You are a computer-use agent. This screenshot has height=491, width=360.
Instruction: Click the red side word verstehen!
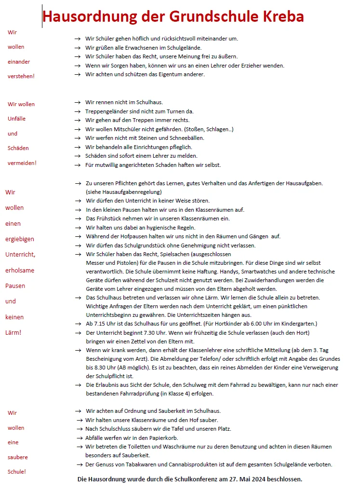click(x=21, y=76)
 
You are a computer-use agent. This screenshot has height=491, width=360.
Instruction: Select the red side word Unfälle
click(x=17, y=119)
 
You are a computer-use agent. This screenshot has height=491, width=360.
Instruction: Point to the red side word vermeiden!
click(x=22, y=163)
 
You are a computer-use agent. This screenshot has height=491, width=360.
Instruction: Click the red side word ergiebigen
click(x=20, y=239)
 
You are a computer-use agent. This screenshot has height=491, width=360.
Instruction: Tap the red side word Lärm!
click(x=13, y=332)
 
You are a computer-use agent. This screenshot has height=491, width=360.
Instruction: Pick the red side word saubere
click(x=18, y=457)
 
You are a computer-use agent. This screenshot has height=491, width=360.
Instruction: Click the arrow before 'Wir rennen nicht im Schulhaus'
click(x=77, y=103)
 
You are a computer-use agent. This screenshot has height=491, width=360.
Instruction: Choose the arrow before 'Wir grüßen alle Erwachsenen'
click(x=77, y=48)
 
